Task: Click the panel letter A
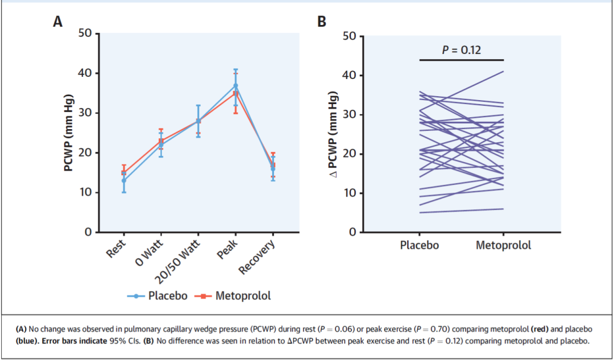(x=57, y=22)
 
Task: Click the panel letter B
(x=322, y=22)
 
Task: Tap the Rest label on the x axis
(x=116, y=249)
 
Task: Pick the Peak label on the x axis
(x=228, y=249)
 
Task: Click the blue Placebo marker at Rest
(x=123, y=181)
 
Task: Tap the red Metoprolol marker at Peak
(x=236, y=93)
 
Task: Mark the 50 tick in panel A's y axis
(x=85, y=34)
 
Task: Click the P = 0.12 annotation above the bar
(x=462, y=50)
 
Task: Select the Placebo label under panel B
(x=420, y=245)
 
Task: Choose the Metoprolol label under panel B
(x=503, y=245)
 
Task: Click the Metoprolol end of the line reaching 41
(x=503, y=72)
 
